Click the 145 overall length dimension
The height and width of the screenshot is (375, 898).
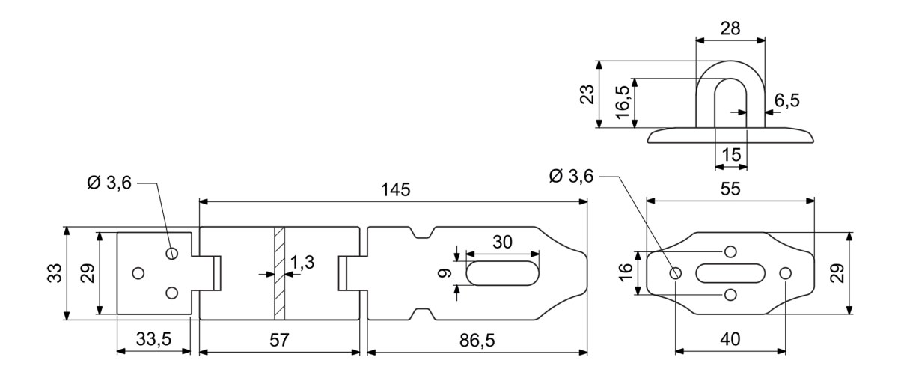[x=396, y=189]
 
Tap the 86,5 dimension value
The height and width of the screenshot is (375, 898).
[x=477, y=341]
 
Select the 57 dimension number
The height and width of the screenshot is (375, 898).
[x=279, y=340]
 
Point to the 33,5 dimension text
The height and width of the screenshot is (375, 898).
[x=153, y=339]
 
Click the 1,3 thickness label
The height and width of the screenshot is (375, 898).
[x=302, y=262]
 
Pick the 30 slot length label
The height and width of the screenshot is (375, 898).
[x=502, y=243]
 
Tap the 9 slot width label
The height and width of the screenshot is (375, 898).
[x=445, y=273]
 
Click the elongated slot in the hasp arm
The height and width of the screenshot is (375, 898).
[x=502, y=273]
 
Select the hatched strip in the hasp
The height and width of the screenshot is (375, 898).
[x=279, y=273]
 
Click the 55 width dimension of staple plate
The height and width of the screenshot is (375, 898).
[x=730, y=189]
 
